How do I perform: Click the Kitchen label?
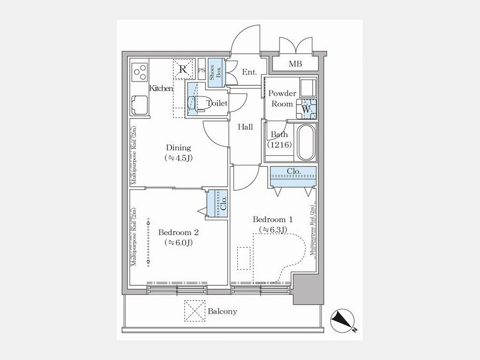(161, 89)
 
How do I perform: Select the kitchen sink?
(140, 104)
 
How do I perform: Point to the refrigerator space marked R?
(183, 69)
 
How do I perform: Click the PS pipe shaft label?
(202, 70)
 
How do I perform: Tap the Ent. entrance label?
(249, 72)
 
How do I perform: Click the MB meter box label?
(295, 64)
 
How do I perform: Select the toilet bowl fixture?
(194, 103)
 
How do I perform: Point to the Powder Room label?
(282, 99)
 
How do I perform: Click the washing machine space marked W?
(306, 108)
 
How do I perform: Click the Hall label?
(245, 127)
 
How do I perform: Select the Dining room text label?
(178, 148)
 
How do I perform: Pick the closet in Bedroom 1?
(293, 176)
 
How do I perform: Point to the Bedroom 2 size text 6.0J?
(178, 243)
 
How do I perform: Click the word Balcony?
(222, 311)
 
